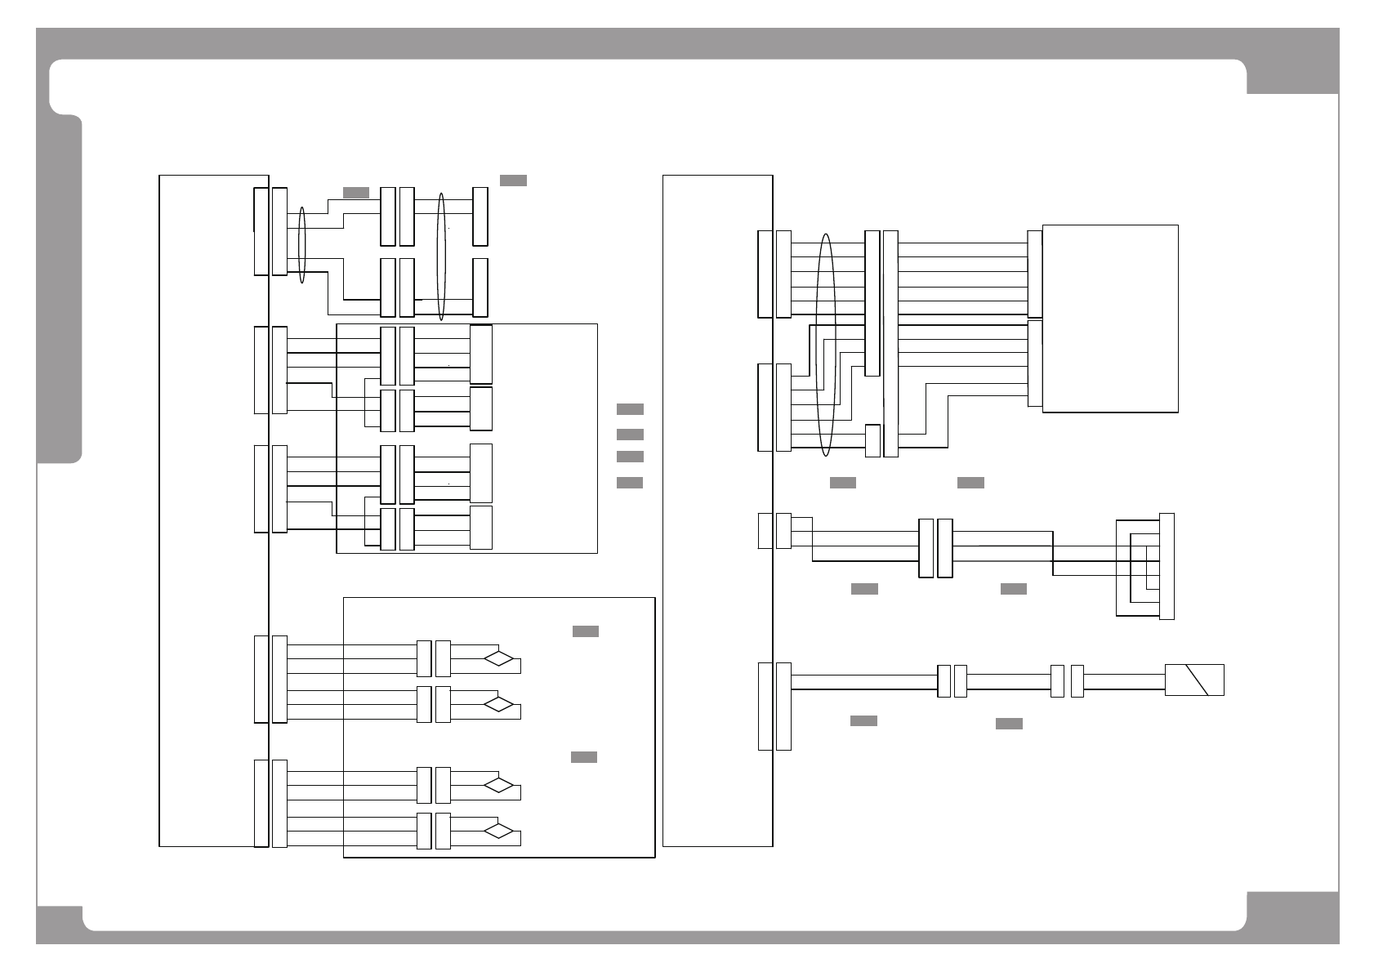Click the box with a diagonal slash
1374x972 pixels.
[1193, 680]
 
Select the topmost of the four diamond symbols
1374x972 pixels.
[499, 658]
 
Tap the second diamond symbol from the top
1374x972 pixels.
[499, 704]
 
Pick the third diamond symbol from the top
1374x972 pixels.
[499, 786]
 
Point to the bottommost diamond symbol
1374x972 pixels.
[499, 832]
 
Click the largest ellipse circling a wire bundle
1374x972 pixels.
[827, 345]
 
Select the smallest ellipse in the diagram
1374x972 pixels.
[302, 245]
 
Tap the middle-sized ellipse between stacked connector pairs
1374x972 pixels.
[442, 257]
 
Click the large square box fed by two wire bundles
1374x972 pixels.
[1110, 319]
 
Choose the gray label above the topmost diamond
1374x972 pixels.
[585, 631]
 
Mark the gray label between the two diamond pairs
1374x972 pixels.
[583, 757]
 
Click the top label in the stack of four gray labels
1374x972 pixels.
[630, 409]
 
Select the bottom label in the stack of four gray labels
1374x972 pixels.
[630, 483]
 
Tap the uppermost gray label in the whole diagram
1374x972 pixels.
[513, 181]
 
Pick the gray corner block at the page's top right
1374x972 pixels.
[1292, 76]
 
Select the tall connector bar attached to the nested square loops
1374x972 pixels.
[1167, 566]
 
